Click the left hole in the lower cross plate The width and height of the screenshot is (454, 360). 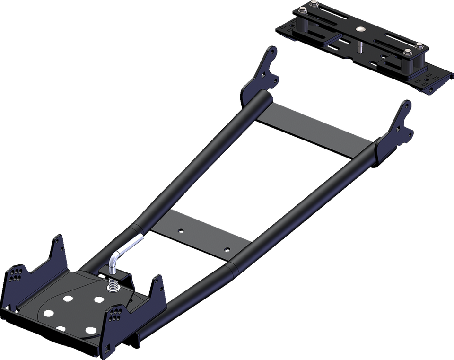(180, 232)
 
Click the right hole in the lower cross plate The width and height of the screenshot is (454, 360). (227, 249)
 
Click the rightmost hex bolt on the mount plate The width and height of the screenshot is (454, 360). (419, 46)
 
